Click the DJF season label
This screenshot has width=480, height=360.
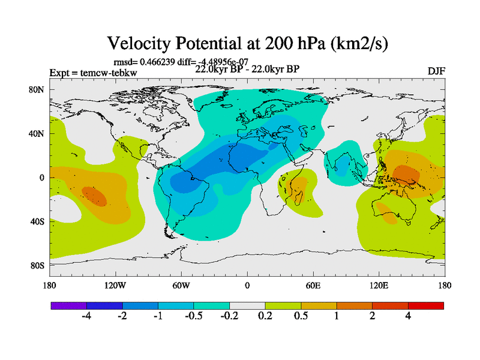436,71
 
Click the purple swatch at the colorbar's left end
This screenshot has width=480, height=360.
68,305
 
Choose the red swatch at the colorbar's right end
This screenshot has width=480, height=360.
425,305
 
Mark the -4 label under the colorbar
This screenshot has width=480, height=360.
86,317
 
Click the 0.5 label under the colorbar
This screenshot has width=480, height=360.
301,317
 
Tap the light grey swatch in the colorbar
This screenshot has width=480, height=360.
247,305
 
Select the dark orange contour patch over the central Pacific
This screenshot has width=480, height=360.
94,196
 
